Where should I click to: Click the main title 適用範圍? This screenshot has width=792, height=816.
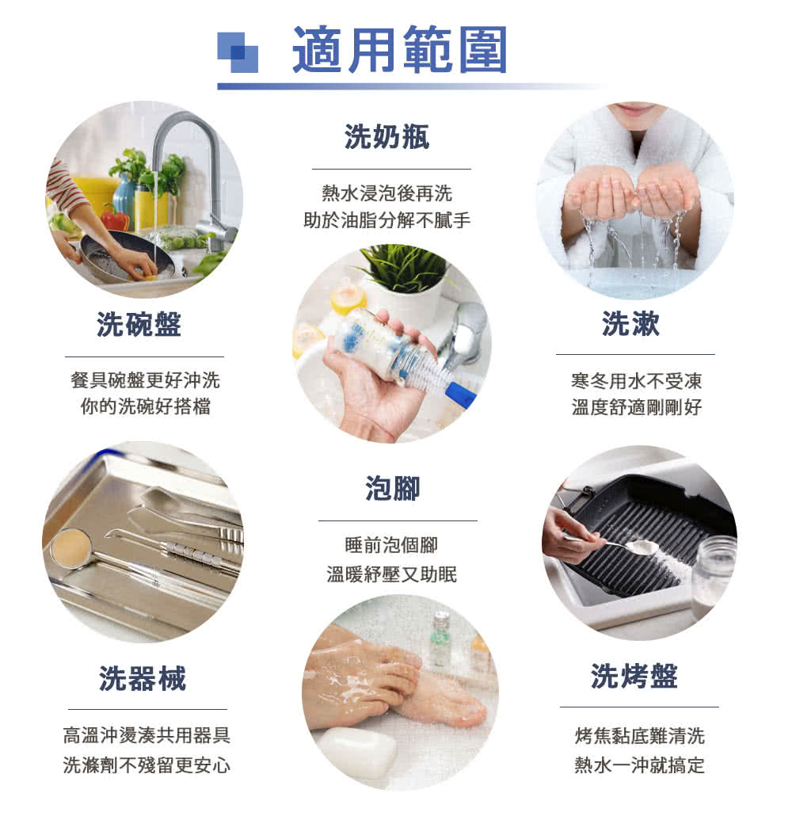[400, 49]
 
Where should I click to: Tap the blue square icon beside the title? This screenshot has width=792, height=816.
[238, 52]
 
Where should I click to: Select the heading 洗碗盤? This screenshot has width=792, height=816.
[139, 324]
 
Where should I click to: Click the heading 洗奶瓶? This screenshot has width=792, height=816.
[387, 137]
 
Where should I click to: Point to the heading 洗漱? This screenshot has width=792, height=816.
[630, 323]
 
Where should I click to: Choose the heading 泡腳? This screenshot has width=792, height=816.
[393, 489]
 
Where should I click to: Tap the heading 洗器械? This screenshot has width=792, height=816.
[143, 678]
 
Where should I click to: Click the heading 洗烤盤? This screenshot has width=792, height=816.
[634, 677]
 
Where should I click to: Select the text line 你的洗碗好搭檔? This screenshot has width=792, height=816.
[145, 408]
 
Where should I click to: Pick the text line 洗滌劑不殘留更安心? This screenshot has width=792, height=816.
[147, 765]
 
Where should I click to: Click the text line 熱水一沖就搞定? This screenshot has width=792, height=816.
[639, 765]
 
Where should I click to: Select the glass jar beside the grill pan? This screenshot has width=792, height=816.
[712, 575]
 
